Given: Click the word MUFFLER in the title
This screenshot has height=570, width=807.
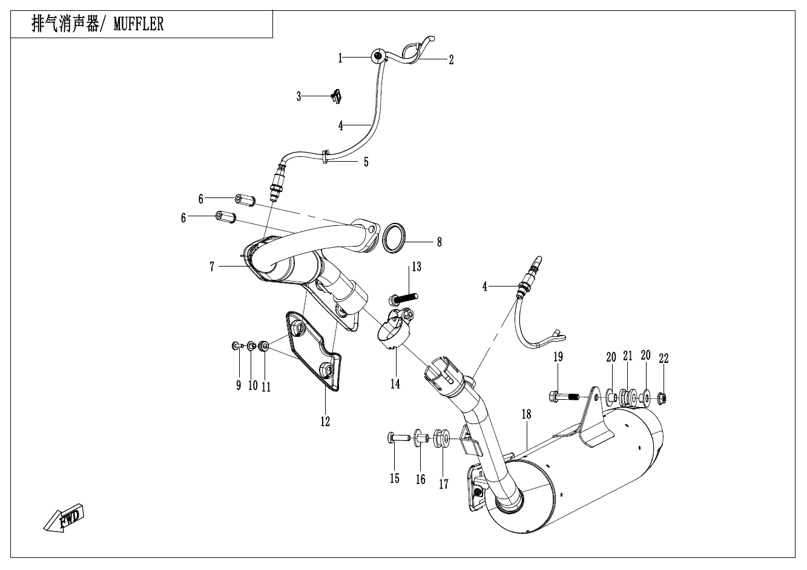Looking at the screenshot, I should pyautogui.click(x=138, y=25).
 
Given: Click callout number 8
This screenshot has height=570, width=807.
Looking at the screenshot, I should pyautogui.click(x=439, y=242).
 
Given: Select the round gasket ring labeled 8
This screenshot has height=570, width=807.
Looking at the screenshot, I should pyautogui.click(x=395, y=237).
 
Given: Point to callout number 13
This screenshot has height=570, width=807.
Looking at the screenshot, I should pyautogui.click(x=417, y=267).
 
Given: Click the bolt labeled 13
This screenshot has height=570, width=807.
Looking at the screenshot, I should pyautogui.click(x=404, y=297).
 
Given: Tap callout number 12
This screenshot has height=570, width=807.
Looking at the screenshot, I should pyautogui.click(x=326, y=421).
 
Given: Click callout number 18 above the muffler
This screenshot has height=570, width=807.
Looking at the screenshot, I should pyautogui.click(x=526, y=414).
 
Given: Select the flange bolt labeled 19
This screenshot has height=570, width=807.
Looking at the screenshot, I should pyautogui.click(x=562, y=397).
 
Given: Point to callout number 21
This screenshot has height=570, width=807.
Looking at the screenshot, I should pyautogui.click(x=628, y=357).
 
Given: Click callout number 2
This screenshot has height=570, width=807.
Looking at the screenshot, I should pyautogui.click(x=451, y=59).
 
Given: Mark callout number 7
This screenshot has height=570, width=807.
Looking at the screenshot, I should pyautogui.click(x=212, y=267).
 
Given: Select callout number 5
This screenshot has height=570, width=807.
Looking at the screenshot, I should pyautogui.click(x=366, y=162).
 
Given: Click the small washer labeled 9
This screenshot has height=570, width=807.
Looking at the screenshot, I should pyautogui.click(x=234, y=345).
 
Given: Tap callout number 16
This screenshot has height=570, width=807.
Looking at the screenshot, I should pyautogui.click(x=420, y=480).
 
